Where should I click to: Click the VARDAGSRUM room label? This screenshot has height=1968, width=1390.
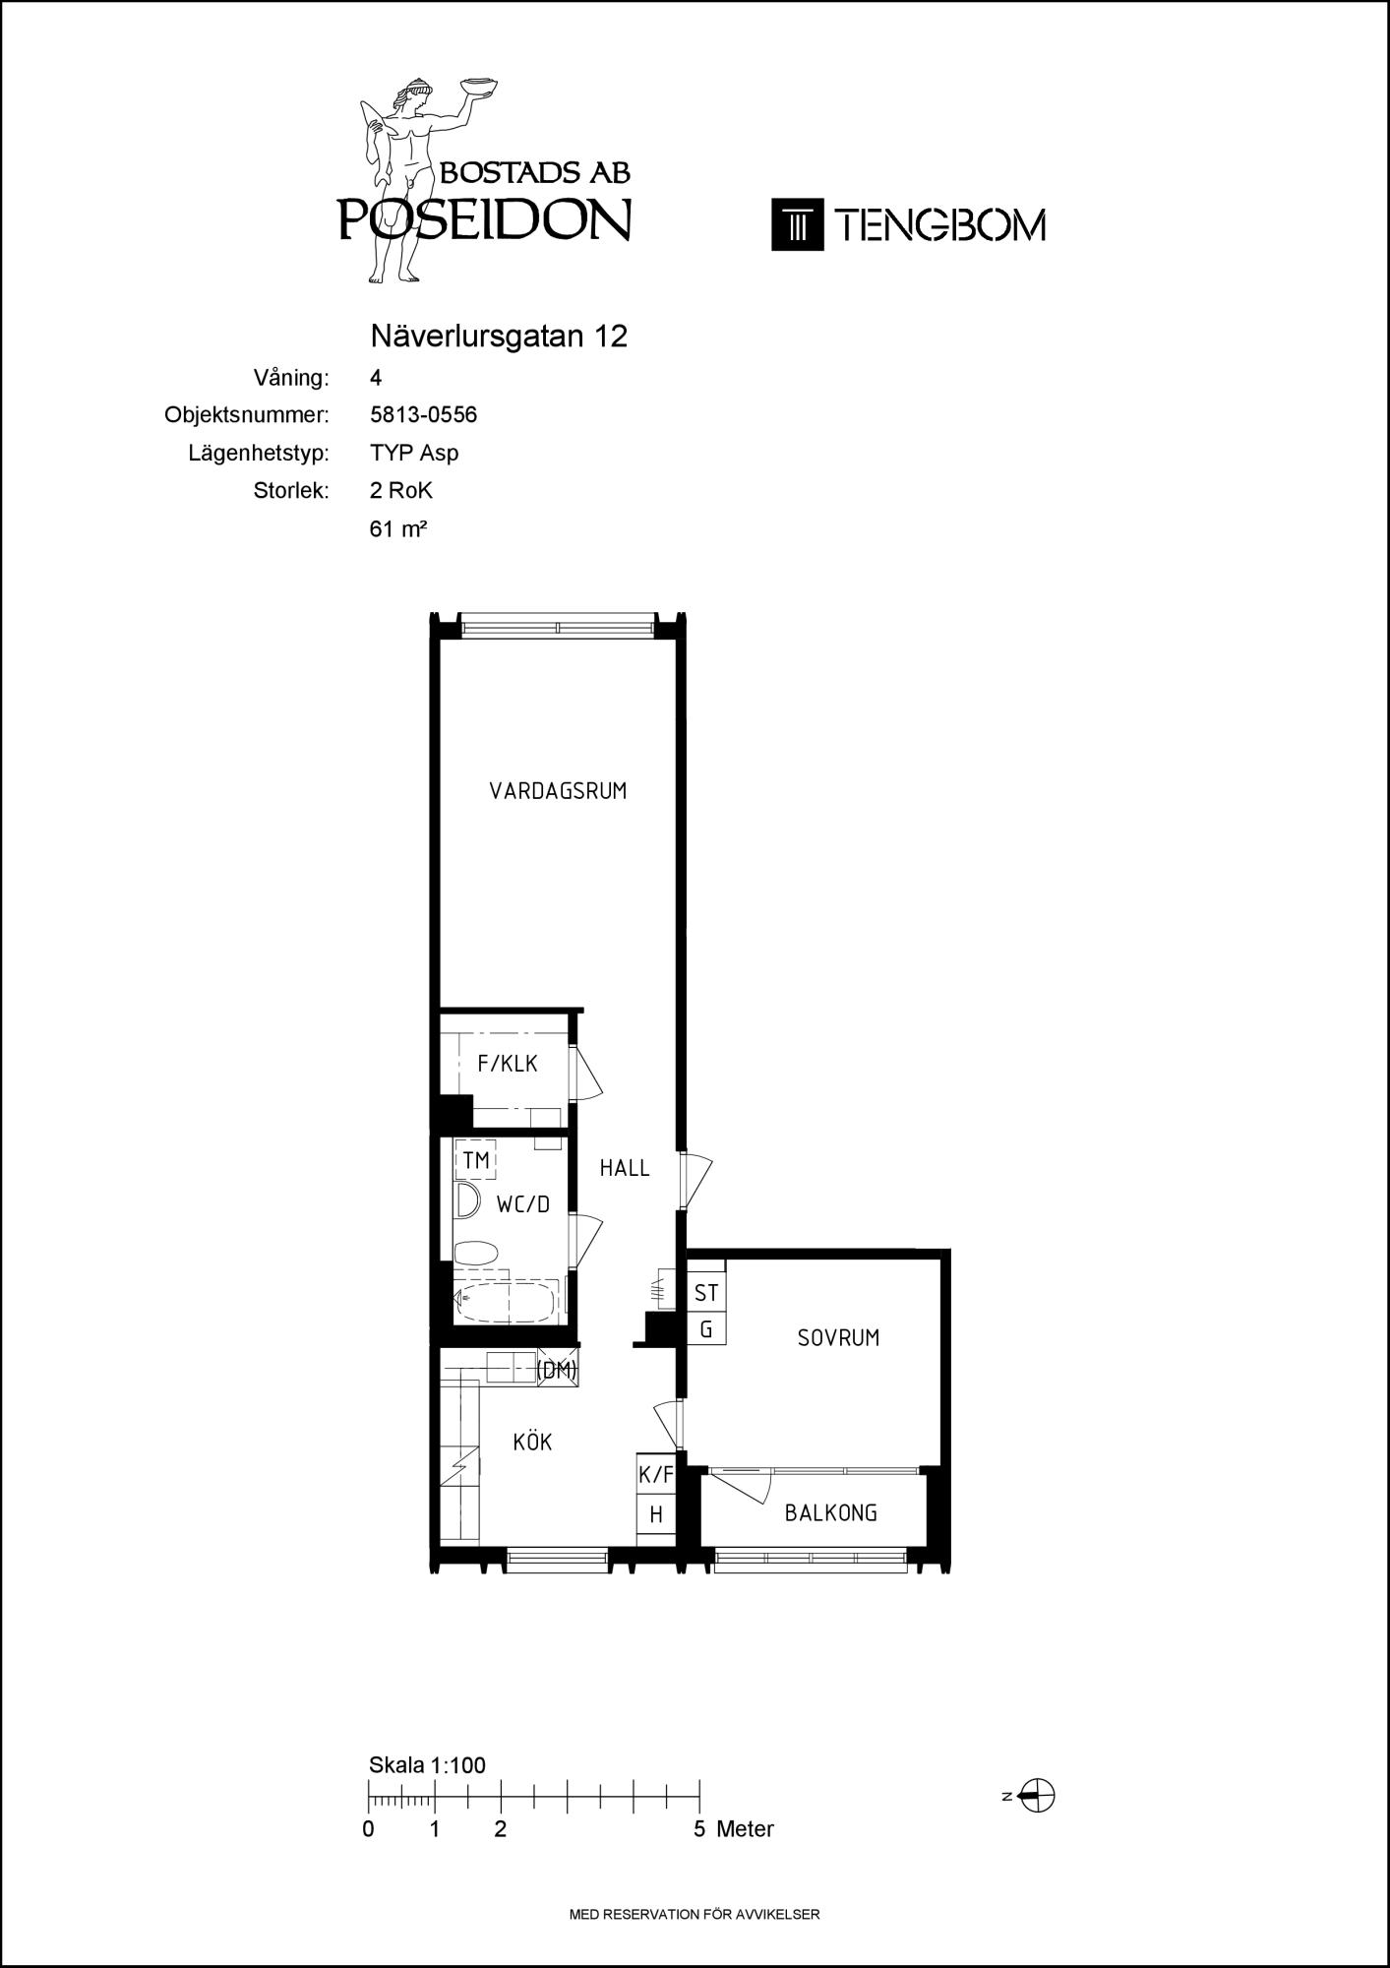pos(558,791)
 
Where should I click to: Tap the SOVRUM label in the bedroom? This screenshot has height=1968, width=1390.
pos(838,1338)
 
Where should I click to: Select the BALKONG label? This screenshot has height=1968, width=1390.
pos(831,1513)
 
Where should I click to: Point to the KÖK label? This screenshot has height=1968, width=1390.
pos(532,1442)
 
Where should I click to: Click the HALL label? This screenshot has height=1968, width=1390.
pos(625,1168)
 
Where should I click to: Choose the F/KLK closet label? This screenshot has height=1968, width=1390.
pos(508,1064)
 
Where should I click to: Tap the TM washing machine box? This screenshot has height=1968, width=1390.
pos(476,1161)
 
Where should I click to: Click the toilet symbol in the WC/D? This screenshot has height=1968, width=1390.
pos(476,1255)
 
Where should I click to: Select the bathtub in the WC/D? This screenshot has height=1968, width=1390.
pos(506,1301)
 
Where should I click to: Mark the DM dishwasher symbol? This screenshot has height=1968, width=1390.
pos(558,1370)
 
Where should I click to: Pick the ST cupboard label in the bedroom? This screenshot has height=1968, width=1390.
pos(706,1292)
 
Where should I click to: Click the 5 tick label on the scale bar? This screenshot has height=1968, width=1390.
pos(699,1829)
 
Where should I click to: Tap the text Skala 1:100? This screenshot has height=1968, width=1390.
pos(427,1765)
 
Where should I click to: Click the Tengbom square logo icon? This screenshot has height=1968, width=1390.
pos(797,224)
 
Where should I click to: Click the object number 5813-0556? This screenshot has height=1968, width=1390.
pos(424,415)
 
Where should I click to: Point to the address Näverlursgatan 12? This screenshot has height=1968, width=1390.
pos(499,337)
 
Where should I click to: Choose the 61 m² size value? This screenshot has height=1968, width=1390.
pos(398,528)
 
